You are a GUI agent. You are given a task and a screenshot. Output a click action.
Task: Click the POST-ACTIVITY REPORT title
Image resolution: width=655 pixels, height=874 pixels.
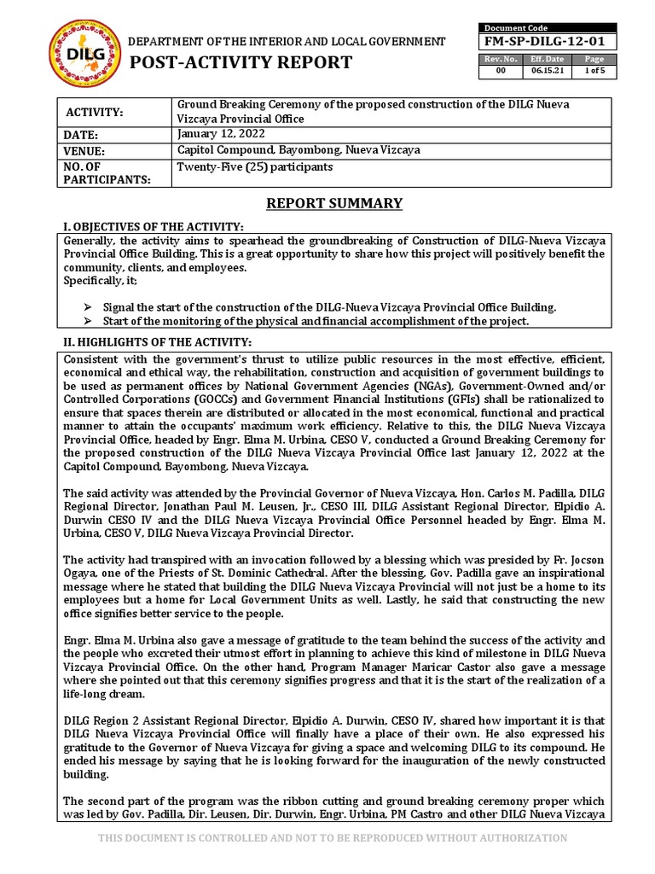pos(240,62)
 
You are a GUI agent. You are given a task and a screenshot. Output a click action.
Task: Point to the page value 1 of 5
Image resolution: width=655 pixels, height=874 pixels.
pos(593,71)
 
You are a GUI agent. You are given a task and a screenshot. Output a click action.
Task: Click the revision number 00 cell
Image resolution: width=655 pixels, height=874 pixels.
pos(501,71)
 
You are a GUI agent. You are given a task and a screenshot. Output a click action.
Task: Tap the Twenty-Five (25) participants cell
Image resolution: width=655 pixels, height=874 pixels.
pos(254,166)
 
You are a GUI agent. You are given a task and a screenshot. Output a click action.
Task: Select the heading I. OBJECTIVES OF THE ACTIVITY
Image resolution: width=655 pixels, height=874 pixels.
pos(154,226)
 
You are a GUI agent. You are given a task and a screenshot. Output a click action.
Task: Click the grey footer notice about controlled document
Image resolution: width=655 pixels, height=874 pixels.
pos(333,838)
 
